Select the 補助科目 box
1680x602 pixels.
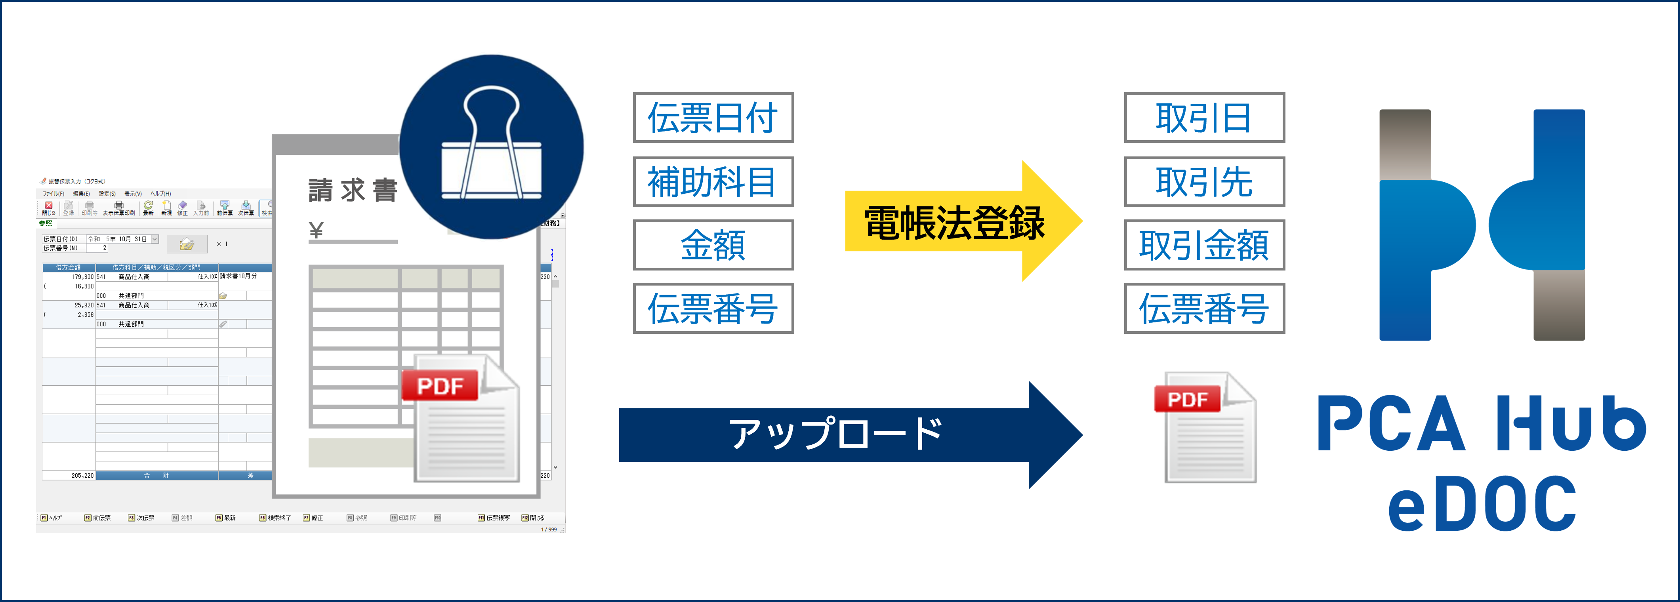tap(713, 181)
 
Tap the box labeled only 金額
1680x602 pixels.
tap(713, 245)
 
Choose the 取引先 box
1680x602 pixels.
tap(1204, 181)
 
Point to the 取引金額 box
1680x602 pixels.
tap(1204, 245)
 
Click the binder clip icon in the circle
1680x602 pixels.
tap(491, 147)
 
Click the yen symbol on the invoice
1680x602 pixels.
tap(316, 230)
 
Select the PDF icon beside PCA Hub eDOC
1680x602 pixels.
tap(1205, 427)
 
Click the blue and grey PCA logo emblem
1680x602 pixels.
tap(1482, 225)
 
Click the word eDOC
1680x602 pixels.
tap(1482, 503)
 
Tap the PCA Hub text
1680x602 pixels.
tap(1482, 424)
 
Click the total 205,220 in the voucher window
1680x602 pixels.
tap(82, 476)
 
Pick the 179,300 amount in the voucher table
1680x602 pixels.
tap(82, 276)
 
